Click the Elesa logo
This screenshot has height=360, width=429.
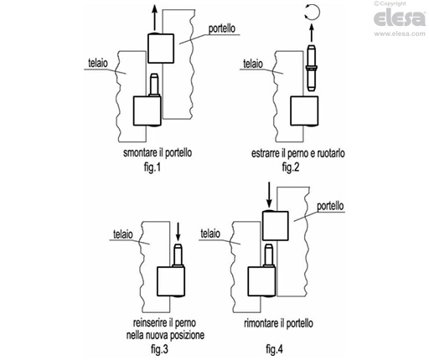point(400,18)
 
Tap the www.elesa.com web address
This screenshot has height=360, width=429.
point(400,33)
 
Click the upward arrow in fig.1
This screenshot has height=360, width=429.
point(154,18)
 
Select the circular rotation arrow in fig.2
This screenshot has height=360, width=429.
point(312,13)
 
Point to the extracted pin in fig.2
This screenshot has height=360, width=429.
point(312,68)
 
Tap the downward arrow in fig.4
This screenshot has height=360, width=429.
point(269,195)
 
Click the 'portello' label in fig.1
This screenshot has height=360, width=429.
point(222,28)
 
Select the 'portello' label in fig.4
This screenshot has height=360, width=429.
point(330,206)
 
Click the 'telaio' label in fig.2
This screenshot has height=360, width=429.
point(253,64)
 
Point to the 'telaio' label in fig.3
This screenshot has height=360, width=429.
point(123,234)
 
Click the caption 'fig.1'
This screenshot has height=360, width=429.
point(152,167)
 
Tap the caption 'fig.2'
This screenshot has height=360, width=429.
point(291,167)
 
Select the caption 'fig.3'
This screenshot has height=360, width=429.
point(159,349)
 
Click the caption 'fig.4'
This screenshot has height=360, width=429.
point(274,349)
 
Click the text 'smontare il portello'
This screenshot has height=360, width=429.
point(158,153)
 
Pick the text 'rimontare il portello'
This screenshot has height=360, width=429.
point(278,323)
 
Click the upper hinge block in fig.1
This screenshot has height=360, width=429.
point(161,49)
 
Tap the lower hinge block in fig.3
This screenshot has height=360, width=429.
point(171,281)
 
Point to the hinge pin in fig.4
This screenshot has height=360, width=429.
point(269,255)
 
